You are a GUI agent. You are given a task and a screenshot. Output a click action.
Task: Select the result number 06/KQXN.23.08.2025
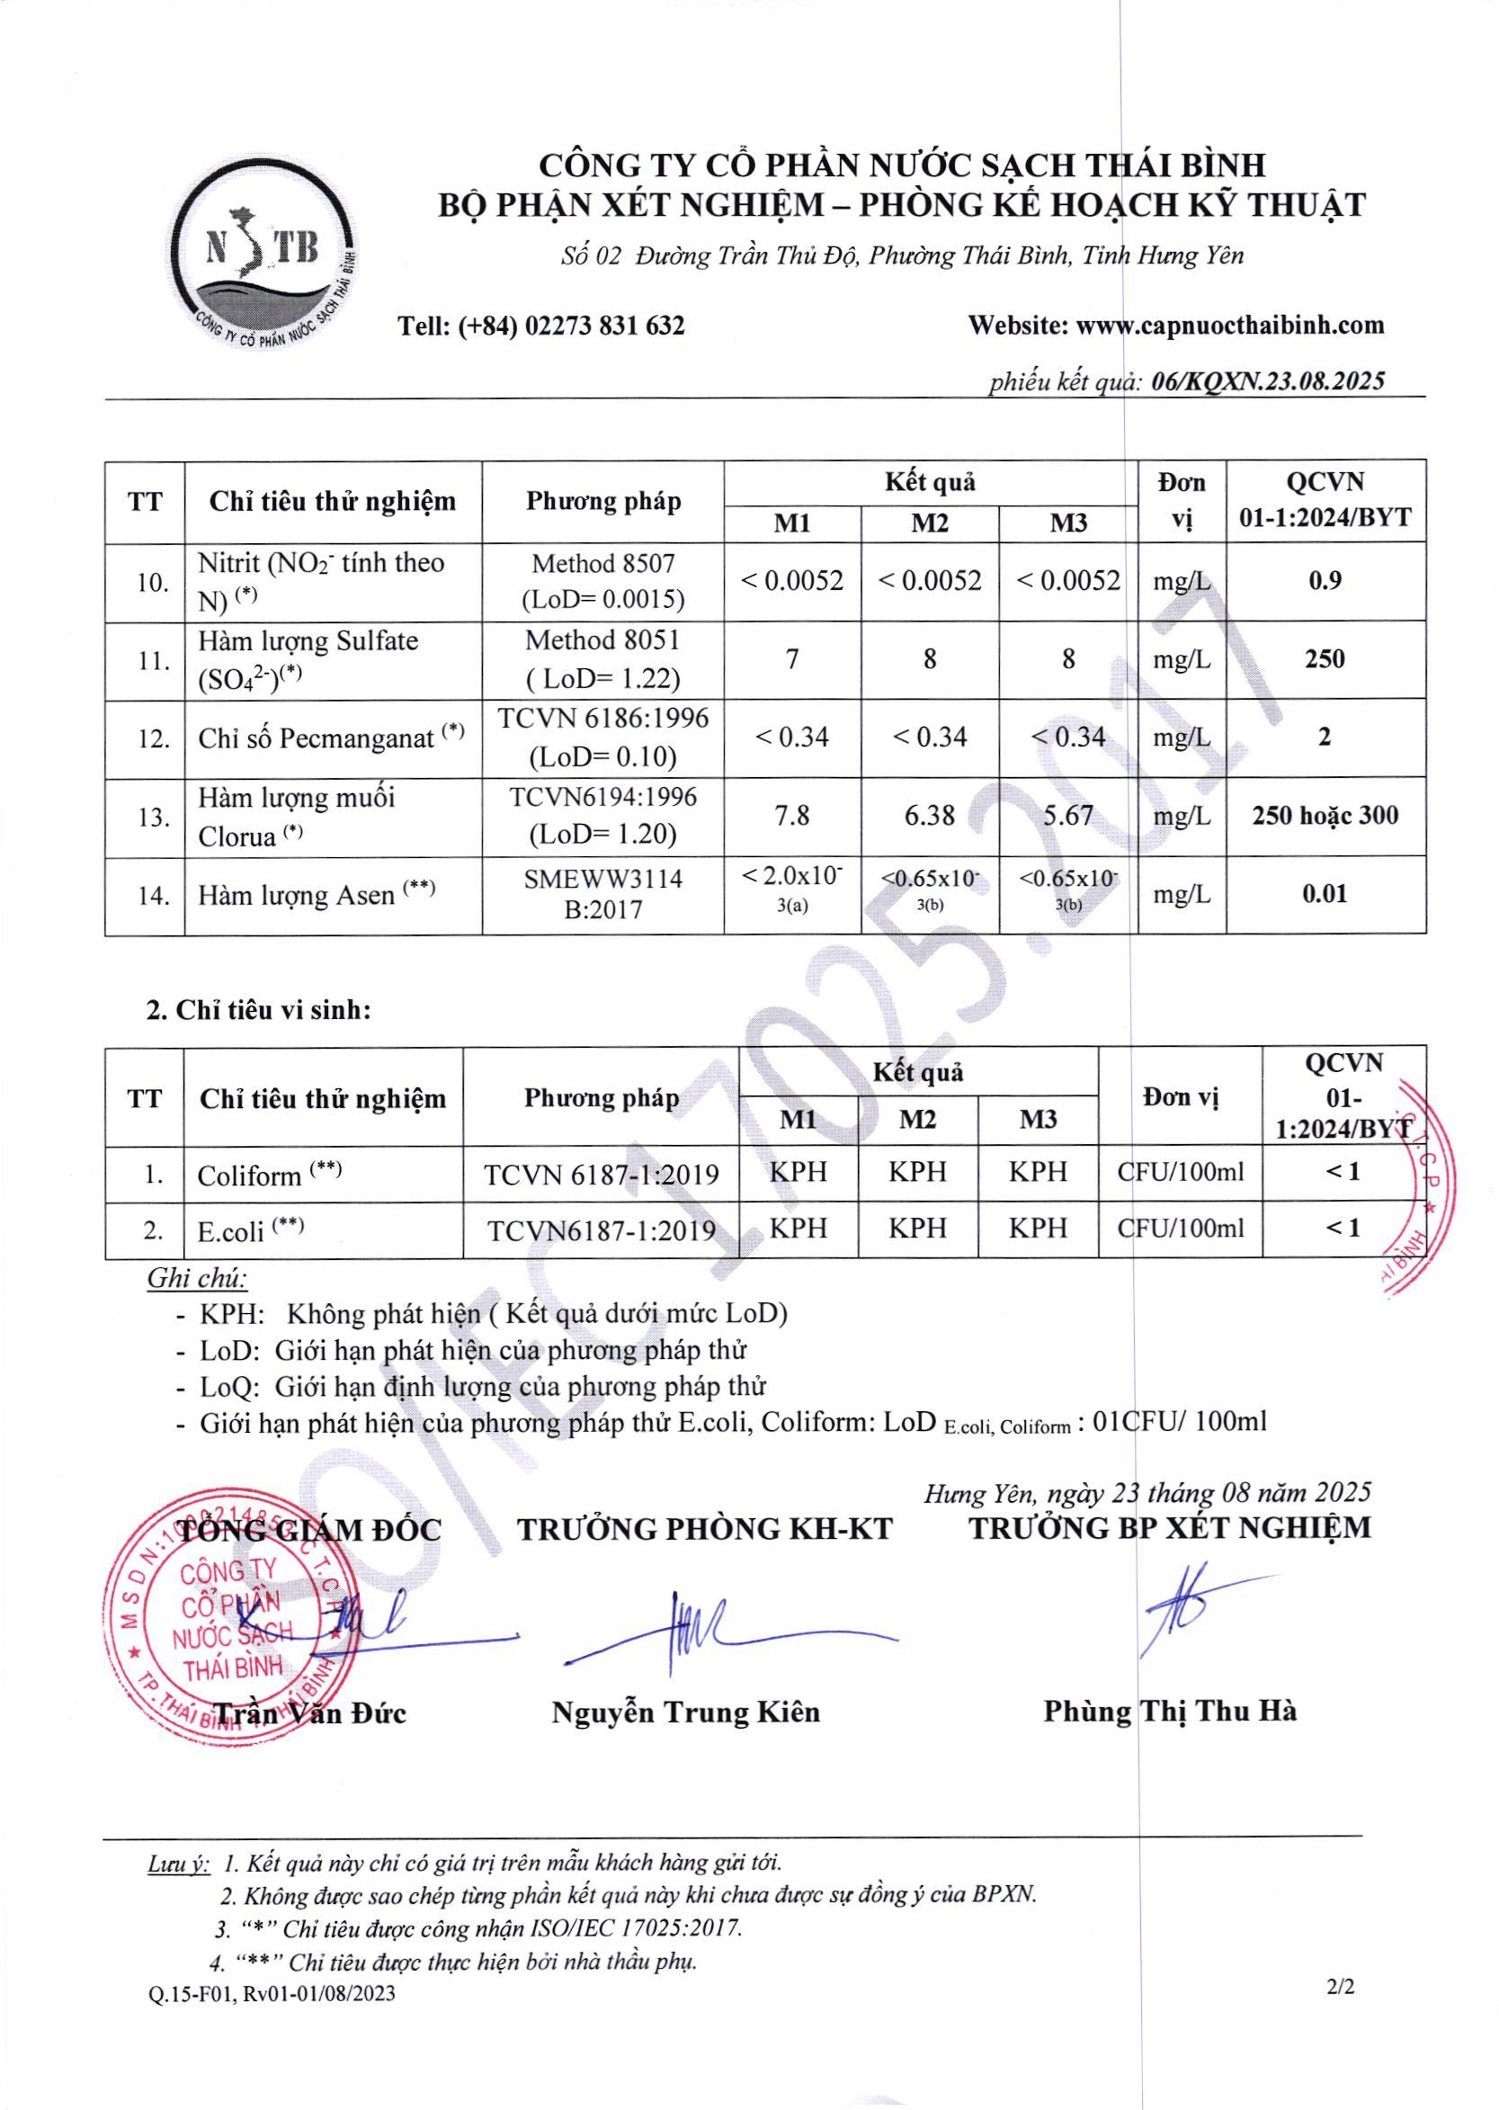pos(1267,381)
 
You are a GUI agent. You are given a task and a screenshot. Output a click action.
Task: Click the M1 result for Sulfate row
pos(792,659)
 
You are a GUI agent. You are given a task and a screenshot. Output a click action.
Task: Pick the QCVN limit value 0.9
pos(1325,581)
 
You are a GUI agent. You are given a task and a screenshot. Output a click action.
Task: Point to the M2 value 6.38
pos(930,816)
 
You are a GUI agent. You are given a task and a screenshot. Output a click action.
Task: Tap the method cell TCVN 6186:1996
pos(602,719)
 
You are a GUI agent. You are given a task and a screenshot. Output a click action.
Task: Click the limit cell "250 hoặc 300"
pos(1325,816)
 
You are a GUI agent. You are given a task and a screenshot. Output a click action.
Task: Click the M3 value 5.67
pos(1068,816)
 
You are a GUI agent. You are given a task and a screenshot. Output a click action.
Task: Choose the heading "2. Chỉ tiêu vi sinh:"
pos(259,1010)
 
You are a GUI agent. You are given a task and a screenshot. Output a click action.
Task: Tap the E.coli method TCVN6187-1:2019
pos(601,1230)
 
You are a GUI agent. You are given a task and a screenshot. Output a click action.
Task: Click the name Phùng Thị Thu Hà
pos(1170,1712)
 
